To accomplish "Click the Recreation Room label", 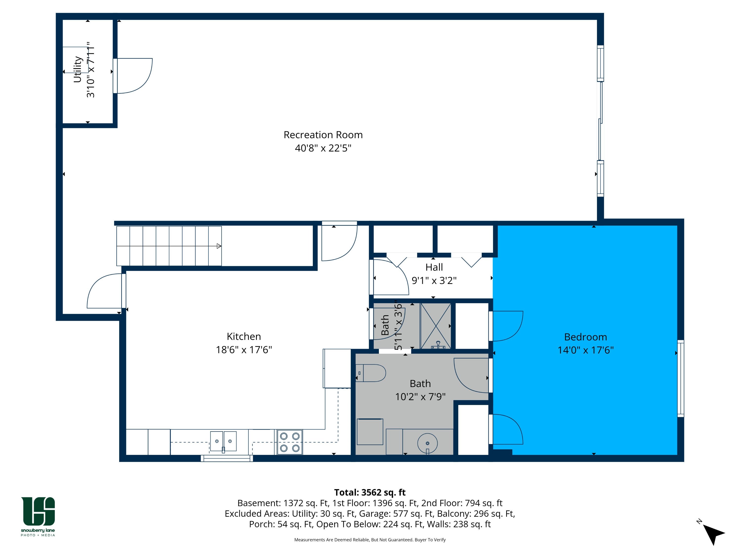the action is [x=323, y=135].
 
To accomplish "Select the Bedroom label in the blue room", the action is [x=585, y=337].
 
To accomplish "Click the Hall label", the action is [x=434, y=267].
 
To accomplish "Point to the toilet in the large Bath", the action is [x=371, y=373].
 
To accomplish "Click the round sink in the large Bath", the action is [x=427, y=444].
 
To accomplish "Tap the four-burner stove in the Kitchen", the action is [x=290, y=442].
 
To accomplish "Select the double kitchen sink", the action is [x=223, y=442].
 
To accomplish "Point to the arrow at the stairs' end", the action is [x=219, y=246].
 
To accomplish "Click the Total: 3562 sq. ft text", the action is [x=370, y=492].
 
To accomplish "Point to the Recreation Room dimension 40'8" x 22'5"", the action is [x=323, y=148].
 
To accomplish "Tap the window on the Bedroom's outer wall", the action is [x=681, y=378].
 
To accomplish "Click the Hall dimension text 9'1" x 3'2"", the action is [x=434, y=280].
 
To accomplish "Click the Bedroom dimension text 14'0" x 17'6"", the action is [x=585, y=350].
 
